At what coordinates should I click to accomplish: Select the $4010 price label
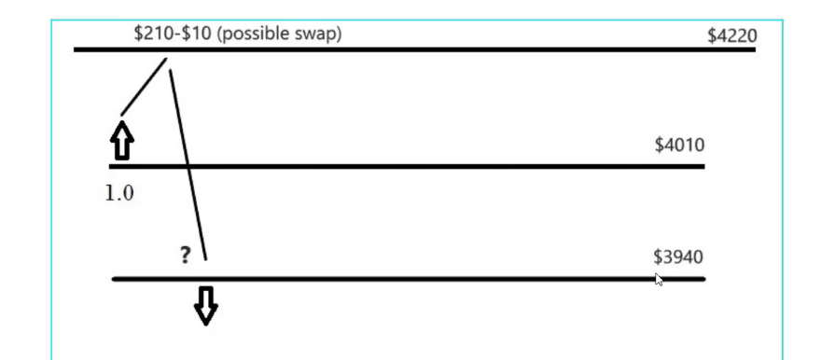(x=679, y=145)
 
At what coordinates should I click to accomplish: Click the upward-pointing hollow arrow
(x=121, y=143)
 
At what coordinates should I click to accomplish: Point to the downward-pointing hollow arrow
(x=206, y=305)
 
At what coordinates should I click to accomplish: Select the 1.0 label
(x=118, y=196)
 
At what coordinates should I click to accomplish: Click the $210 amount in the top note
(x=152, y=34)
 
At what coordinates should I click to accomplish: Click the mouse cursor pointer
(x=659, y=279)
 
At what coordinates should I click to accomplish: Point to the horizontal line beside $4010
(x=420, y=167)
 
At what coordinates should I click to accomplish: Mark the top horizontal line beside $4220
(x=420, y=48)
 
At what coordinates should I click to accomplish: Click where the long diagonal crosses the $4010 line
(x=188, y=167)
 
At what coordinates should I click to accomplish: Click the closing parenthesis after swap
(x=339, y=34)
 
